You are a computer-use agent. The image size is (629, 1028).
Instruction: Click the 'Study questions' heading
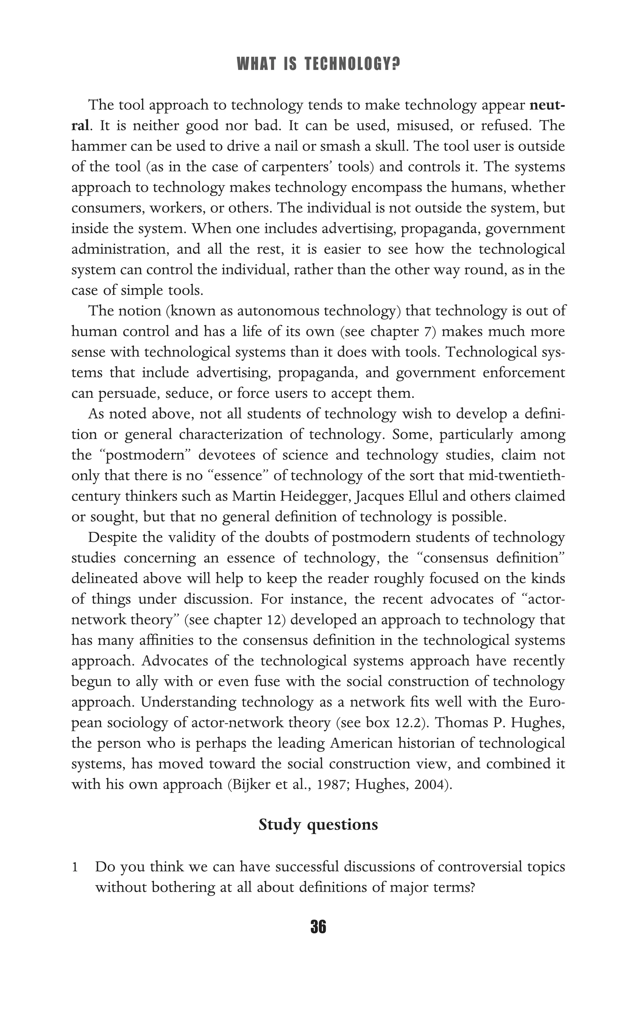tap(318, 825)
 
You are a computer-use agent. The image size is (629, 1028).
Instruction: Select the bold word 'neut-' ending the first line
tap(547, 105)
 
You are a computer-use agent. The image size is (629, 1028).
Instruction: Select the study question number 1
tap(75, 867)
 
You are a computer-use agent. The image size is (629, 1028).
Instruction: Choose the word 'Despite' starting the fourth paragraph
tap(112, 537)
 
